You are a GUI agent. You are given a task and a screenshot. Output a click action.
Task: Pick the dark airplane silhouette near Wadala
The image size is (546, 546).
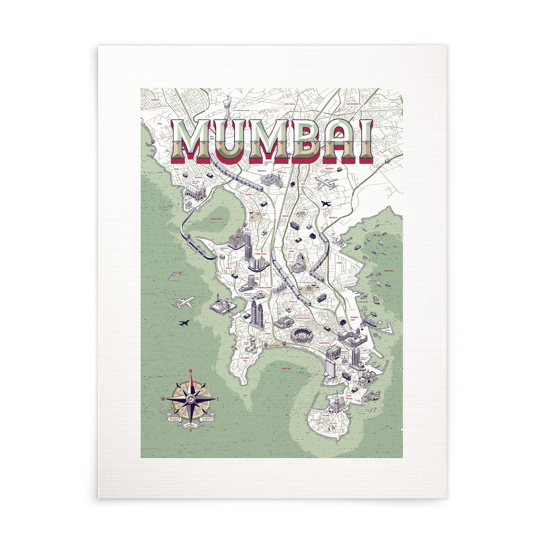click(326, 203)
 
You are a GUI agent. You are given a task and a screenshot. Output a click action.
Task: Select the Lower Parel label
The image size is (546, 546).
click(260, 254)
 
